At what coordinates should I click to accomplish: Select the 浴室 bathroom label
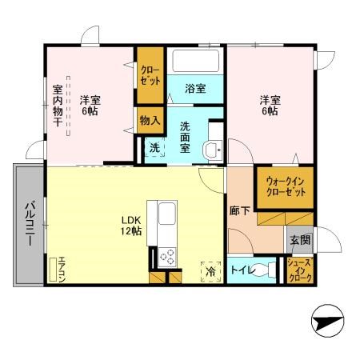coord(196,88)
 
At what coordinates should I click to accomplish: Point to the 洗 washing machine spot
coord(154,148)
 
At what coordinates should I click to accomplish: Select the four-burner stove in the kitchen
coord(169,257)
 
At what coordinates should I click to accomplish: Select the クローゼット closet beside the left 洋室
coord(150,76)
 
